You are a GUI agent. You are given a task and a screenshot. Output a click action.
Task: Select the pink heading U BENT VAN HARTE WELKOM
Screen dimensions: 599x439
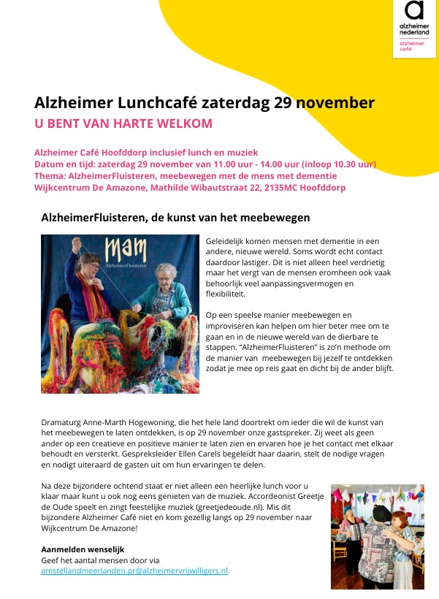coord(123,123)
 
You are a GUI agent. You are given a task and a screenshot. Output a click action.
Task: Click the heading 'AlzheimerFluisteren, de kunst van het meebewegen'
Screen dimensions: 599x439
coord(175,218)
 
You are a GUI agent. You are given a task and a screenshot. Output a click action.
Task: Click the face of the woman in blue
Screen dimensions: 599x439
coord(88,263)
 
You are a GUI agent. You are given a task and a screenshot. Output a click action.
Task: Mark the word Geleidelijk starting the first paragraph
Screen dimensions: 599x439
coord(228,240)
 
